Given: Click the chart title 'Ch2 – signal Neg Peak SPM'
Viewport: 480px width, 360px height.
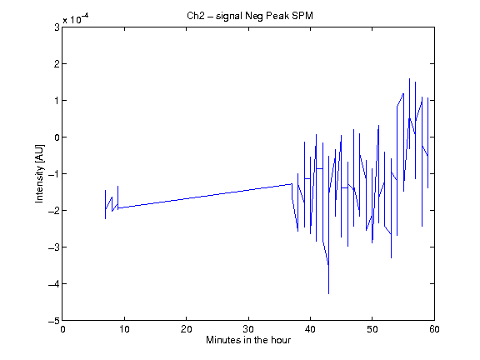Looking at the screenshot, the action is pyautogui.click(x=250, y=16).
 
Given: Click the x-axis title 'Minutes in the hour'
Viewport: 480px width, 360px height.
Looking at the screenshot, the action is pyautogui.click(x=248, y=340).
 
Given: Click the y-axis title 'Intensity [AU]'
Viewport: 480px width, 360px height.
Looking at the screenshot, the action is pyautogui.click(x=39, y=173).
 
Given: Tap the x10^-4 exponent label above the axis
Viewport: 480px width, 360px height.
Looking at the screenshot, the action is pyautogui.click(x=76, y=18).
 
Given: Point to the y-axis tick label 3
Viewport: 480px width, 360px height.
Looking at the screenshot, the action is pyautogui.click(x=57, y=27).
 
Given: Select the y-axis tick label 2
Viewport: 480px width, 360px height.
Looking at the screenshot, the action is pyautogui.click(x=57, y=64).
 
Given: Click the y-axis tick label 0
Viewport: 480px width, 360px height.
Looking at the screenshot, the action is pyautogui.click(x=57, y=137).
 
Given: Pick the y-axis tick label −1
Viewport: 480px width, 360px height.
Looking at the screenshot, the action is pyautogui.click(x=54, y=174).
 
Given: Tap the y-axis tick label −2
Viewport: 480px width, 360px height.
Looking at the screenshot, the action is pyautogui.click(x=54, y=211).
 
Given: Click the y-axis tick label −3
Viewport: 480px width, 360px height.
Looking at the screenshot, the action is pyautogui.click(x=54, y=247).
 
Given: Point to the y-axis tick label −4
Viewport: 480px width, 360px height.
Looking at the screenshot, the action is pyautogui.click(x=54, y=284).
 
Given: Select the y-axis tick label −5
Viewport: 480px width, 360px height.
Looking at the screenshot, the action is pyautogui.click(x=54, y=321).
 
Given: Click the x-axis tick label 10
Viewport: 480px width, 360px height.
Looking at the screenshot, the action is pyautogui.click(x=125, y=329).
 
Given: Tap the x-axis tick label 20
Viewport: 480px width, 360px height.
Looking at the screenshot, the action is pyautogui.click(x=187, y=329).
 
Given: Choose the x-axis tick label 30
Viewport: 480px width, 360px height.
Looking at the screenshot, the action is pyautogui.click(x=248, y=329).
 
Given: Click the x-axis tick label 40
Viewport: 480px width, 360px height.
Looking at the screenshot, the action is pyautogui.click(x=310, y=329).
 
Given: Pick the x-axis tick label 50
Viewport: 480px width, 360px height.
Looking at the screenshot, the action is pyautogui.click(x=372, y=329).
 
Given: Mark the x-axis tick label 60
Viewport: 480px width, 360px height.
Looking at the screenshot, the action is pyautogui.click(x=434, y=329).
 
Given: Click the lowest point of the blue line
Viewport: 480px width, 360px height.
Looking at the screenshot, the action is pyautogui.click(x=329, y=294).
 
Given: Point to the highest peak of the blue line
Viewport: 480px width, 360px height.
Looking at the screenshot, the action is pyautogui.click(x=410, y=78).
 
